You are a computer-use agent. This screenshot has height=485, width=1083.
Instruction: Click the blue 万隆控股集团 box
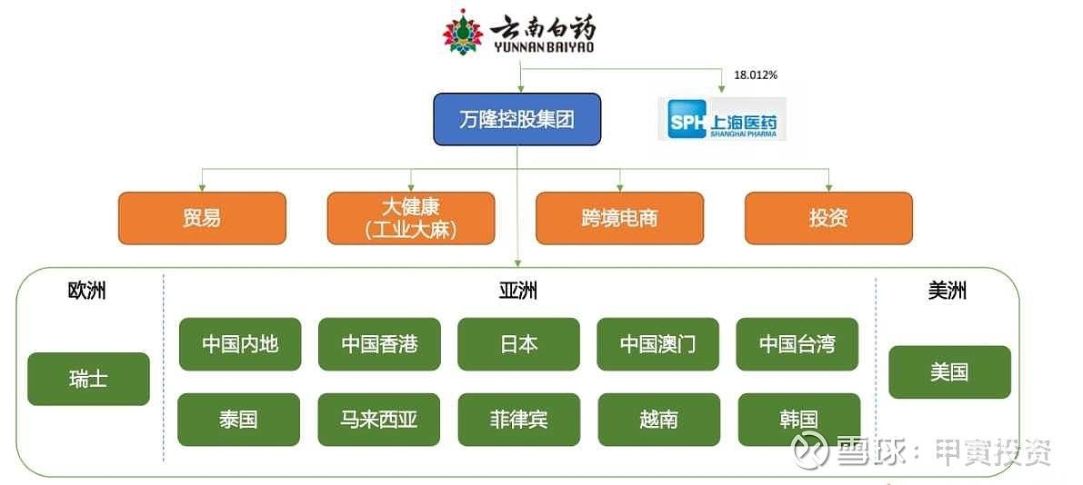[x=517, y=119]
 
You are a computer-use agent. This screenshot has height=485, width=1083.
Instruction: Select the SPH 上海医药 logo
[x=722, y=119]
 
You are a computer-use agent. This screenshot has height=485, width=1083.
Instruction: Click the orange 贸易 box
[x=202, y=219]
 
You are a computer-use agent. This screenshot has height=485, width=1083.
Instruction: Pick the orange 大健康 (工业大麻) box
[x=411, y=219]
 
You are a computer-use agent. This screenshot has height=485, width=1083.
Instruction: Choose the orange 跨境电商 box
[x=619, y=219]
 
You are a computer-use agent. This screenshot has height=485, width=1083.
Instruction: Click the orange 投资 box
[x=828, y=219]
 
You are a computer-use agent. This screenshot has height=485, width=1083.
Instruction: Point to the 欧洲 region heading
[x=87, y=292]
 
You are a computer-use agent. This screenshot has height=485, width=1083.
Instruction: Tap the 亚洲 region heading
[x=518, y=292]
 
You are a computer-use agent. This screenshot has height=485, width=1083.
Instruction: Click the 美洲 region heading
[x=948, y=292]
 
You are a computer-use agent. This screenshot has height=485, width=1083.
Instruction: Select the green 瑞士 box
[x=88, y=379]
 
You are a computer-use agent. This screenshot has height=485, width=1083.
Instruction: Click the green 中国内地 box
[x=240, y=344]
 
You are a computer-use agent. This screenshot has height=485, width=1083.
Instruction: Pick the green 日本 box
[x=518, y=344]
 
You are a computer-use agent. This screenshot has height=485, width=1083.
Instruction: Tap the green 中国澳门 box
[x=658, y=344]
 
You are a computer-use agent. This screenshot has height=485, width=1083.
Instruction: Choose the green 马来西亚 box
[x=378, y=420]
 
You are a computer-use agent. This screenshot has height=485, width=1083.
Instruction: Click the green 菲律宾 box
[x=518, y=420]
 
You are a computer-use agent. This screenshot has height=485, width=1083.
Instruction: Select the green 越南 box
[x=659, y=420]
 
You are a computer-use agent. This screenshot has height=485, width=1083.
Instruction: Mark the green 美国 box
[x=949, y=372]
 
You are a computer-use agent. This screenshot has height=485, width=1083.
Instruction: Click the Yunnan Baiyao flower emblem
[x=464, y=31]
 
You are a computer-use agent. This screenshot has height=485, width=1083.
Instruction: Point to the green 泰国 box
[x=238, y=420]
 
